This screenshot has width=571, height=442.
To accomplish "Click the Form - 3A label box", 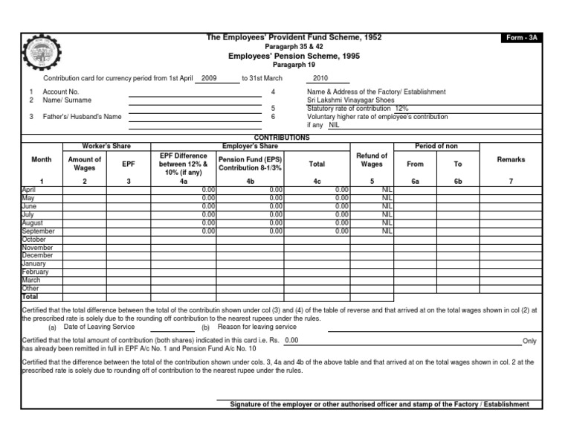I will pos(520,38).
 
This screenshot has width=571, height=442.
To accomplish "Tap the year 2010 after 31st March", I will pos(320,77).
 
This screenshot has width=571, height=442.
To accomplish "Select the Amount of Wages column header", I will pos(84,164).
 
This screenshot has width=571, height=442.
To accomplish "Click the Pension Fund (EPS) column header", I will pos(250,164).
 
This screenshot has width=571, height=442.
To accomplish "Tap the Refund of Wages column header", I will pos(371,159).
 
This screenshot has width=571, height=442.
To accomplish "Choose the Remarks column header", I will pos(511,159).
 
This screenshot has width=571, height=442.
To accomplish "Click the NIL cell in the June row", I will pos(386,206).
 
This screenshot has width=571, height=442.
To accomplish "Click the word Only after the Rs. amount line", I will pos(529,341).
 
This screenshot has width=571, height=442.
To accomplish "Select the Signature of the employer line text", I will pos(379,404).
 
